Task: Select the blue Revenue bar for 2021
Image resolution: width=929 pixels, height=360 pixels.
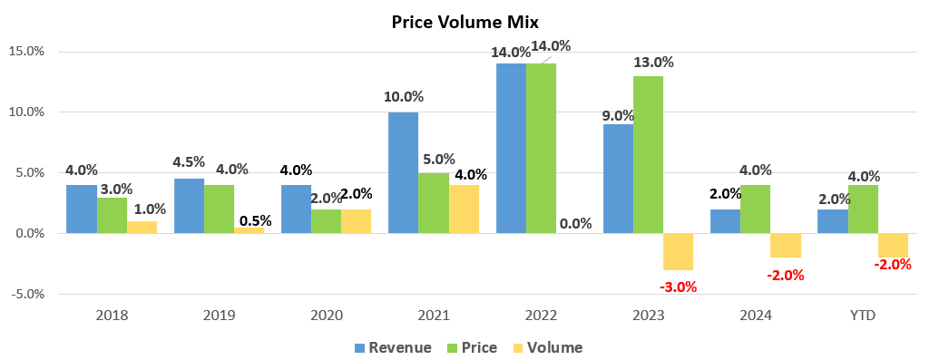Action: (403, 172)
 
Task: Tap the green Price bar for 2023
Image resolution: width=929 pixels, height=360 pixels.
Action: (648, 154)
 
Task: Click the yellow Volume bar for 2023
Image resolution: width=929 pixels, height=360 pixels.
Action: (678, 251)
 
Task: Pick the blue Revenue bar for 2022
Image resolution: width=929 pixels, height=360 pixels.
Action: (511, 148)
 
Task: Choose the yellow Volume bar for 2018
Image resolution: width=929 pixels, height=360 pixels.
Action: (142, 227)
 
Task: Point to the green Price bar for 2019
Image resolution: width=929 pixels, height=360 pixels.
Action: (219, 209)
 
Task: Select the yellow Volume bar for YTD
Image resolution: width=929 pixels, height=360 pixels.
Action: (893, 245)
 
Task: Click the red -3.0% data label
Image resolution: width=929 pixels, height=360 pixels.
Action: (678, 287)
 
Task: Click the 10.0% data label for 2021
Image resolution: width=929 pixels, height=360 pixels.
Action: (404, 96)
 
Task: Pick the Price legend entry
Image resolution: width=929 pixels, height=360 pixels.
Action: (472, 347)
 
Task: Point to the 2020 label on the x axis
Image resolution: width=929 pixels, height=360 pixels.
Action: (327, 315)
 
